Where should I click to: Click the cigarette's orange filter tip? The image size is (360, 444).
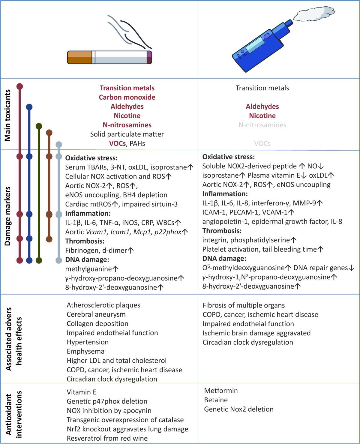79,57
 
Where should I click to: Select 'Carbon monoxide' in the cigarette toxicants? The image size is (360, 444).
127,97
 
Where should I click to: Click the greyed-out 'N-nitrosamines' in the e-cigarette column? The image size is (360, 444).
262,125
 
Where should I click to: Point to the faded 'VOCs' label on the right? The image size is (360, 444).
262,144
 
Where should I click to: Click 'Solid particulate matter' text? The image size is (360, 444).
127,134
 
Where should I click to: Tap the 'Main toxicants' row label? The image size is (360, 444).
8,115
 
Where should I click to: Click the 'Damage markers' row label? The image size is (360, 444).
8,216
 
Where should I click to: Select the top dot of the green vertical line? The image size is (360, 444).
39,126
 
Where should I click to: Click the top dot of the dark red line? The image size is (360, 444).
20,87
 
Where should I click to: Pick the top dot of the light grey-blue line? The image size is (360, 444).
59,145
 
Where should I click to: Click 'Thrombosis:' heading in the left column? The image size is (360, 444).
85,241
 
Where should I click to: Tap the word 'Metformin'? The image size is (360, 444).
221,391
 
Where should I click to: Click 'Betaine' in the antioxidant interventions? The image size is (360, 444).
216,400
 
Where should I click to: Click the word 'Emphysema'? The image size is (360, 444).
85,351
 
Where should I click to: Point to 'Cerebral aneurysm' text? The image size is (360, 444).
96,314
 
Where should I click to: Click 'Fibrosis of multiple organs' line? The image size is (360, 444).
244,305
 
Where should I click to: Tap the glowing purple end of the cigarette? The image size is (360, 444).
149,57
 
